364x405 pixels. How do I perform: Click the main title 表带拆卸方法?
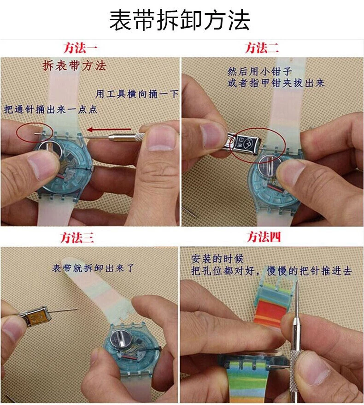(x=180, y=20)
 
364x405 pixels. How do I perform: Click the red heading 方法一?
(x=80, y=48)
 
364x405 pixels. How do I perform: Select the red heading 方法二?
(x=262, y=48)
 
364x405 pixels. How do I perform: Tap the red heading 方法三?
(x=77, y=238)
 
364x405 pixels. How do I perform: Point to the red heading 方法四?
(x=264, y=237)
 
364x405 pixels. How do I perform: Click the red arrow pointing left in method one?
(x=109, y=130)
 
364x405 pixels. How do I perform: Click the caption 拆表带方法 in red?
(x=74, y=66)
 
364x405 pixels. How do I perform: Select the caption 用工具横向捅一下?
(x=137, y=94)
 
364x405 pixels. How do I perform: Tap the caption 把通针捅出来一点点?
(x=51, y=109)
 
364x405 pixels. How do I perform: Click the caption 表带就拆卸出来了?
(x=93, y=268)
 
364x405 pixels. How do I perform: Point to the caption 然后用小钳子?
(x=259, y=71)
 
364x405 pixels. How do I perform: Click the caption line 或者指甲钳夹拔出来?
(x=276, y=83)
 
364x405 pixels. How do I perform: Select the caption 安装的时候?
(x=217, y=259)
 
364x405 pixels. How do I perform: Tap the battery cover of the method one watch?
(x=50, y=150)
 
